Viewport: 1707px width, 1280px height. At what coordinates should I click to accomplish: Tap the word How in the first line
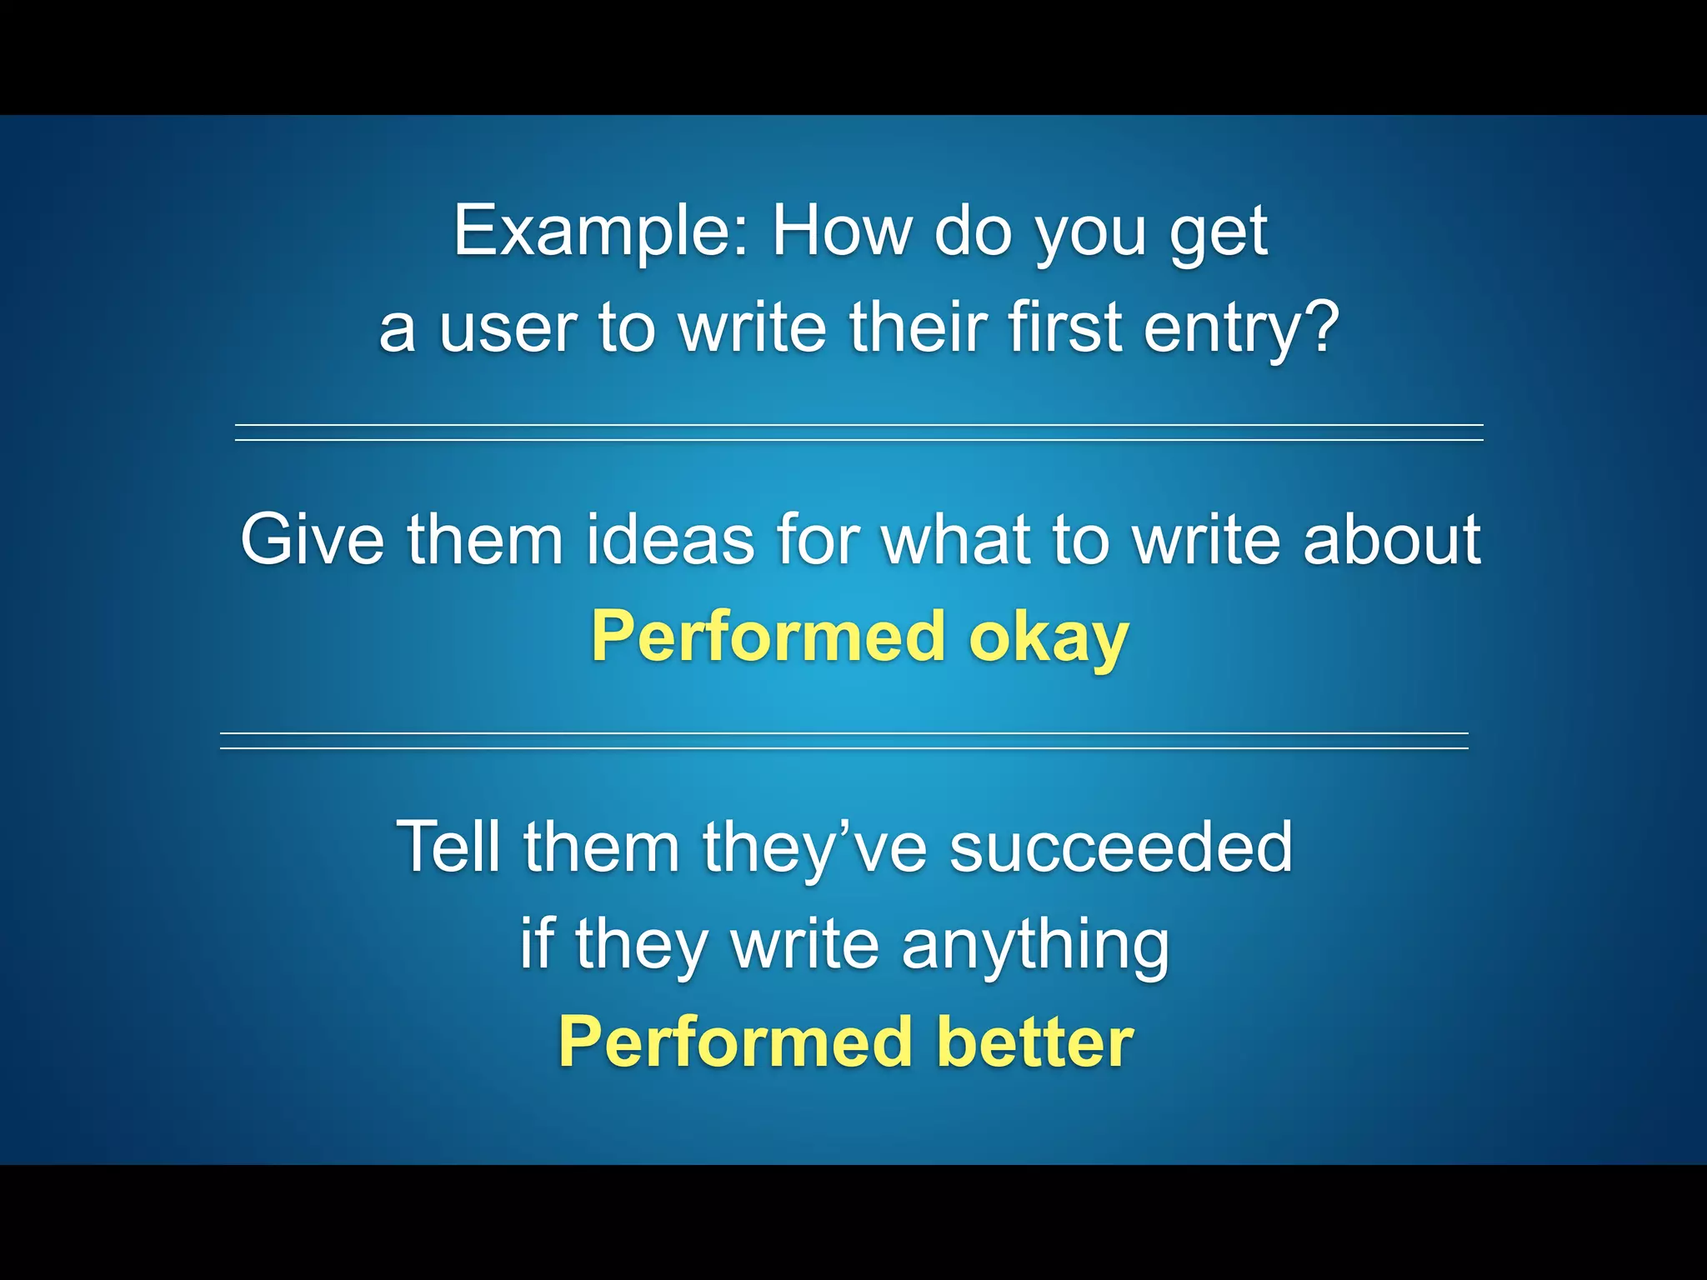click(841, 231)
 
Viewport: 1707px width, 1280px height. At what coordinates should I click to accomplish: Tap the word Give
click(312, 539)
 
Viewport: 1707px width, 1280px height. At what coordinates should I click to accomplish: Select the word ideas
click(670, 539)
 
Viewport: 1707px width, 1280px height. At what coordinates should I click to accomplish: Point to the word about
click(1392, 539)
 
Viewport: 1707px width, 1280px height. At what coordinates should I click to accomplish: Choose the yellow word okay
click(1048, 637)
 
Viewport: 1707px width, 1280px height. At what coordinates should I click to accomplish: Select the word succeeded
click(1120, 847)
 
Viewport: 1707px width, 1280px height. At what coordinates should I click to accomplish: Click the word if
click(537, 943)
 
